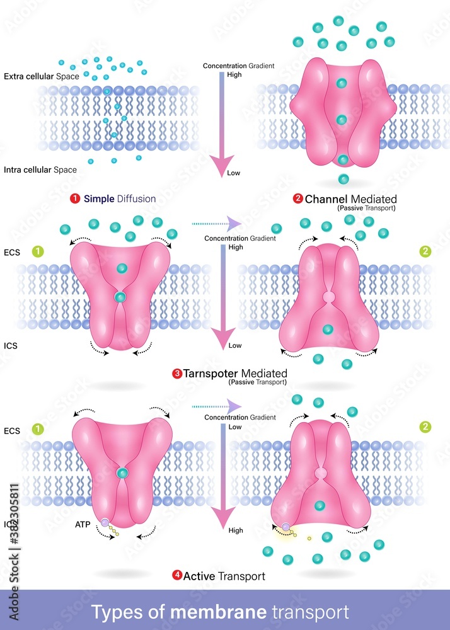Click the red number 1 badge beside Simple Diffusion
[76, 199]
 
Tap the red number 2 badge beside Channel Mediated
[298, 199]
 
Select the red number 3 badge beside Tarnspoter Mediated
[177, 374]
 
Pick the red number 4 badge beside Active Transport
[177, 575]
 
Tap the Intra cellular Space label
[40, 169]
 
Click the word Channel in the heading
[326, 199]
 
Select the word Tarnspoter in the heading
[212, 374]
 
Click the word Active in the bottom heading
[199, 575]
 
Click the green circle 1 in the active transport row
[38, 428]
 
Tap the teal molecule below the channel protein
[343, 179]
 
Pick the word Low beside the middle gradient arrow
[235, 346]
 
